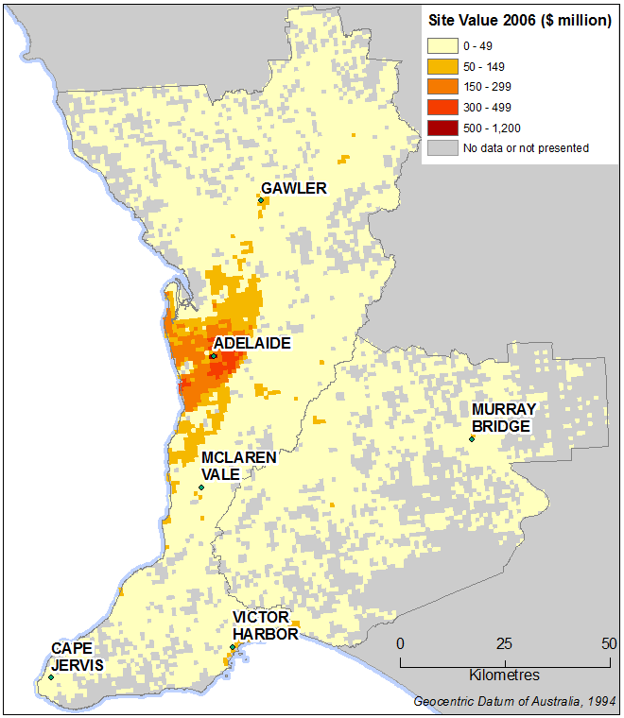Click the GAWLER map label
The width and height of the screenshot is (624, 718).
(294, 188)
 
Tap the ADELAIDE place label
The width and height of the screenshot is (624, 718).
(251, 343)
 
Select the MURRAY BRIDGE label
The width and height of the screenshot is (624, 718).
(504, 418)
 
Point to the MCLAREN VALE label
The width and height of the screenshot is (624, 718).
(238, 466)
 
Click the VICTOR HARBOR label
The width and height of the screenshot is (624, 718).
(266, 625)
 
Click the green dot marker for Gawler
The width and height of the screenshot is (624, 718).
(260, 200)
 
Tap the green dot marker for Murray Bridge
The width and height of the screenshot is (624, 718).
(471, 438)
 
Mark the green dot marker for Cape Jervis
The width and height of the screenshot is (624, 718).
(50, 676)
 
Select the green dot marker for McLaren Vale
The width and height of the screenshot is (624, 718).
(201, 487)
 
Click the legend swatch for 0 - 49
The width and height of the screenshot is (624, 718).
(441, 44)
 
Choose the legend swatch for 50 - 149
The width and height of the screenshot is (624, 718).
(441, 65)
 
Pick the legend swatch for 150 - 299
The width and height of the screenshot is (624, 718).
(441, 86)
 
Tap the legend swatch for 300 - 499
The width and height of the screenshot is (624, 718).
(441, 107)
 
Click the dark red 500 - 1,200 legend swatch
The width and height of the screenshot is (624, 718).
(441, 128)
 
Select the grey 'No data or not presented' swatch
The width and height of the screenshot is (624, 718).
(441, 147)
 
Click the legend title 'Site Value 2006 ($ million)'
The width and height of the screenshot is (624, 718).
(519, 21)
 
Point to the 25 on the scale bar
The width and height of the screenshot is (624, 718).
(505, 643)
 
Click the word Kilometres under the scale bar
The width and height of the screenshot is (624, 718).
(505, 675)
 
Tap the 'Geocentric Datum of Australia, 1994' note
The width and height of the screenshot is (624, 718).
(514, 701)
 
